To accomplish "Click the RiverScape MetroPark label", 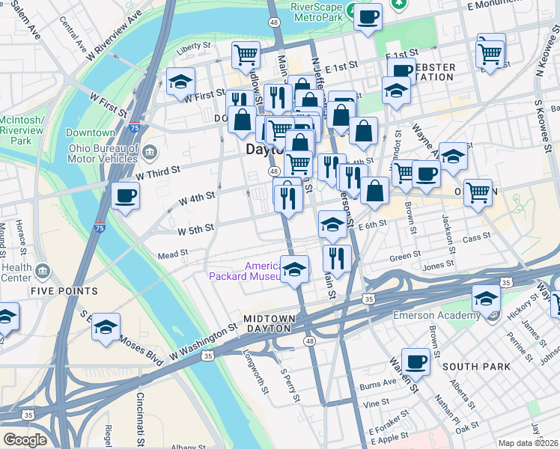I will tap(317, 11).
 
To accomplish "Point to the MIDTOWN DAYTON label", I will tap(269, 319).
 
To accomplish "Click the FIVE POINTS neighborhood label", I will tap(64, 290).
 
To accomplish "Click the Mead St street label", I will tap(172, 255).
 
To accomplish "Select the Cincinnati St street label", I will tap(139, 416).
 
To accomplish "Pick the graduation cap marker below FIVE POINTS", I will tap(106, 327).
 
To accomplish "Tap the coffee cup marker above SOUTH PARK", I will tap(416, 361).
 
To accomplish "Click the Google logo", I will tap(25, 440).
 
